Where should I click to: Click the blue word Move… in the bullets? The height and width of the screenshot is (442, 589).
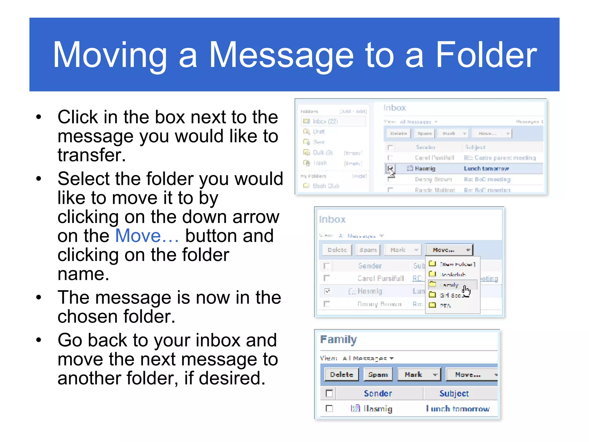tap(147, 236)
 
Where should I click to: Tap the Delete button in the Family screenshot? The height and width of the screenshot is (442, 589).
tap(341, 374)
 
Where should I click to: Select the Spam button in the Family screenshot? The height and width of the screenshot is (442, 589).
tap(378, 374)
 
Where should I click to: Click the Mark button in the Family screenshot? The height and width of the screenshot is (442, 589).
tap(418, 374)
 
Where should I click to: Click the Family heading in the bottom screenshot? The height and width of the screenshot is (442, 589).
tap(339, 340)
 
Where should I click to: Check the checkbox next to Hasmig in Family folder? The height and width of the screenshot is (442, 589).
tap(329, 408)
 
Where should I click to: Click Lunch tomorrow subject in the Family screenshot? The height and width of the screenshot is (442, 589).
tap(458, 409)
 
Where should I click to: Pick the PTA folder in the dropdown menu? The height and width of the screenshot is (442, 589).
tap(445, 306)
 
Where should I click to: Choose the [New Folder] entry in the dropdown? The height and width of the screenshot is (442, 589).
tap(457, 264)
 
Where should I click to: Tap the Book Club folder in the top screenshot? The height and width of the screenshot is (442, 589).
tap(326, 186)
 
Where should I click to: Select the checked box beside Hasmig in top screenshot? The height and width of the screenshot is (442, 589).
tap(390, 168)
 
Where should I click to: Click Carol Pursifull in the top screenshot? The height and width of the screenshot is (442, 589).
tap(434, 158)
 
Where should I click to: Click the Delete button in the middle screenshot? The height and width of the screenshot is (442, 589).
tap(337, 250)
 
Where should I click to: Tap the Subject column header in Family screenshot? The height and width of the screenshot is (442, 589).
tap(454, 393)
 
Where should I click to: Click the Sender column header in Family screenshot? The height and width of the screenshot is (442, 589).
tap(378, 393)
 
